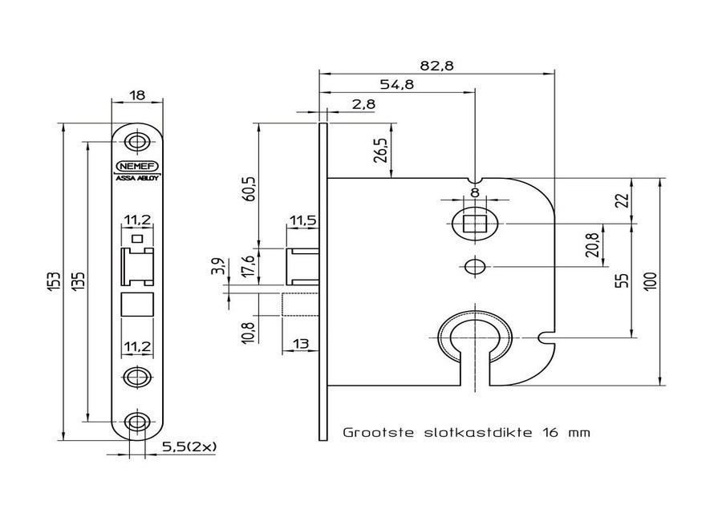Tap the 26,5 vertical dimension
[x=380, y=150]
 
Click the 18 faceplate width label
[x=137, y=95]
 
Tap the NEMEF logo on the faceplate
[x=138, y=166]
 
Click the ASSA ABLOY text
[x=138, y=179]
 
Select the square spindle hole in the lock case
[x=475, y=223]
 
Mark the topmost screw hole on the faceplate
[x=138, y=143]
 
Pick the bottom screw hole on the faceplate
[x=138, y=421]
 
